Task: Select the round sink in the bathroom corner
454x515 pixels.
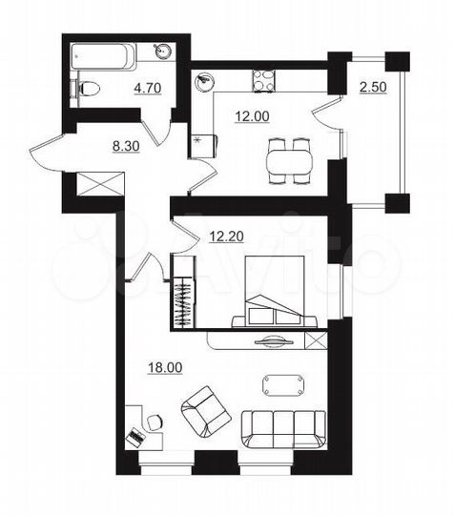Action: click(x=163, y=52)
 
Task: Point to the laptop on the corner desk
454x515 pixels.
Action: click(x=136, y=437)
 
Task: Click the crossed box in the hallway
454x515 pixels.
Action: click(x=100, y=183)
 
